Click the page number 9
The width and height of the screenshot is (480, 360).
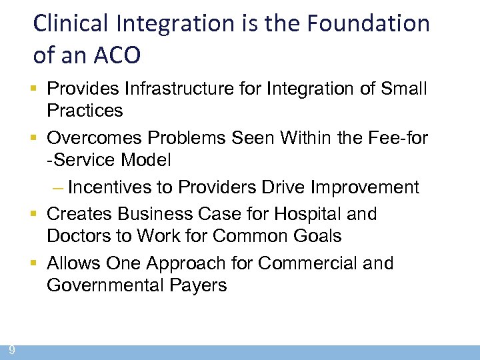pos(12,350)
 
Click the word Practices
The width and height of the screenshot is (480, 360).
pos(85,110)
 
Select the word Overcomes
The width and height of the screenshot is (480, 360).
pos(94,137)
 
